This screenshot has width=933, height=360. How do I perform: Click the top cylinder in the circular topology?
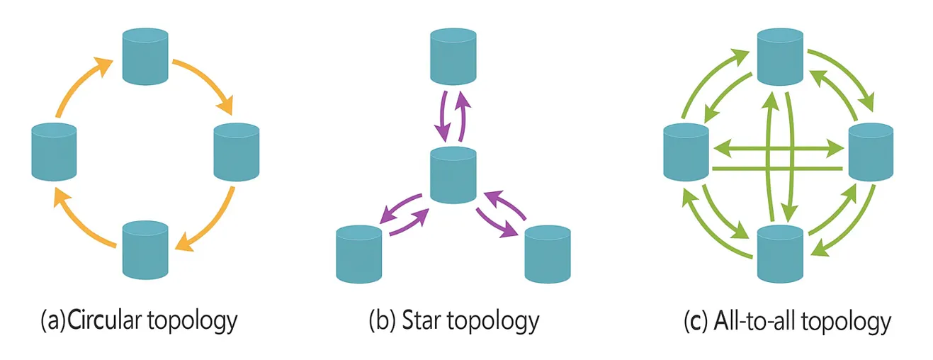145,55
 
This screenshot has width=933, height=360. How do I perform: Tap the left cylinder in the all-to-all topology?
686,150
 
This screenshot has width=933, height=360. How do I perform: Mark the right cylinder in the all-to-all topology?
871,150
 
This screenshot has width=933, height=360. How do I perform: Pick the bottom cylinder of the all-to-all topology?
780,252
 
